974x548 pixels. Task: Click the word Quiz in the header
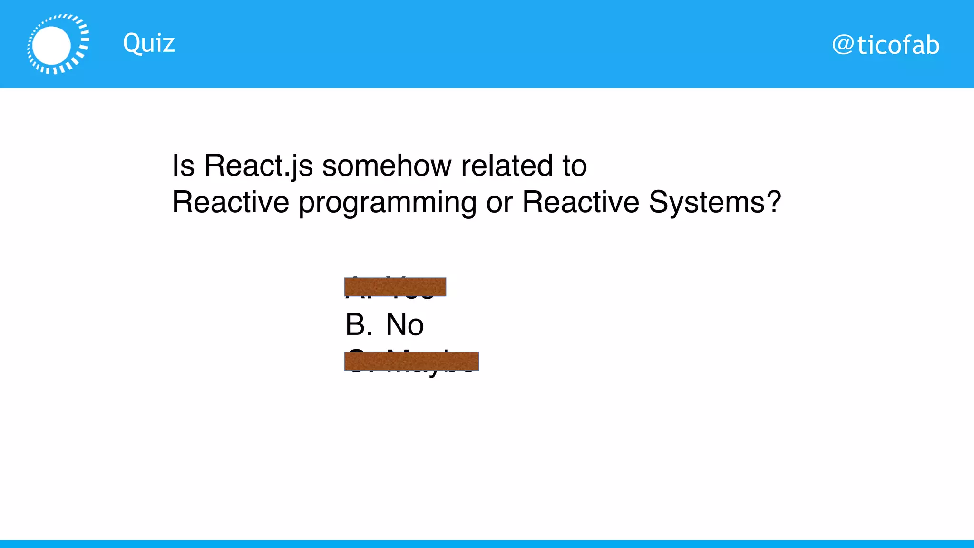149,43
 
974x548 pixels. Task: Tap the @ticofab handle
886,46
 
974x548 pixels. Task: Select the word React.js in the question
258,166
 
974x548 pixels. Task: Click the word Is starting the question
183,166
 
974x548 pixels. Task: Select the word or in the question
499,203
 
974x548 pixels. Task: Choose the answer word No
405,325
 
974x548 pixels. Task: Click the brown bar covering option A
395,287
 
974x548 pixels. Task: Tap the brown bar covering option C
411,361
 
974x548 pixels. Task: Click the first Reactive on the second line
230,202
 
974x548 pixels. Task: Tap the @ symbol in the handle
843,46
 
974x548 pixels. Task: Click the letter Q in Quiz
132,43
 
